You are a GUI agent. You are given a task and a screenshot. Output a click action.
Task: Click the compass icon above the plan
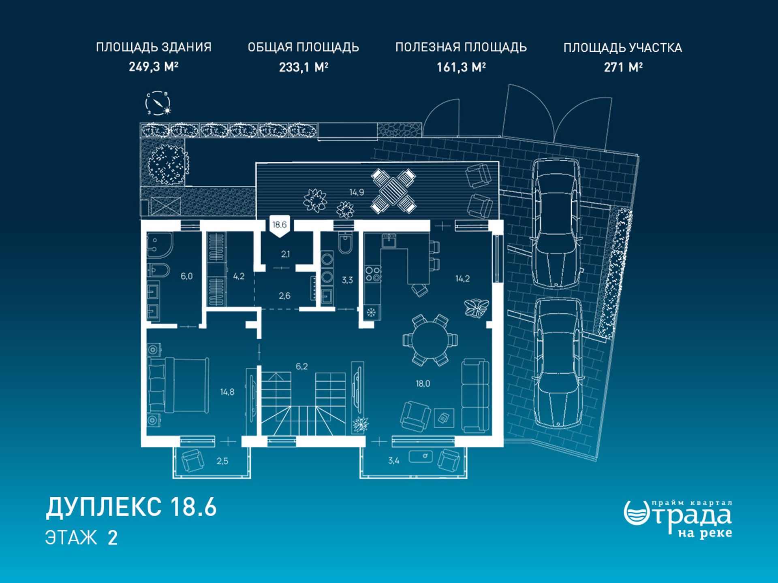tap(158, 103)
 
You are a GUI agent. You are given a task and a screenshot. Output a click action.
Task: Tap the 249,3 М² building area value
tap(154, 66)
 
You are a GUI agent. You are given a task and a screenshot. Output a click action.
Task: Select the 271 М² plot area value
tap(623, 67)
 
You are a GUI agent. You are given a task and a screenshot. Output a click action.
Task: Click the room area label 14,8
tap(227, 392)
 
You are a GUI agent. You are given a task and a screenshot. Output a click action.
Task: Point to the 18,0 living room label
tap(423, 384)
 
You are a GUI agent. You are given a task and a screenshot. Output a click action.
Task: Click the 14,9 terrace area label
tap(357, 192)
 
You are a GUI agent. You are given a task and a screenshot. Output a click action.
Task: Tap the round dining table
tap(430, 340)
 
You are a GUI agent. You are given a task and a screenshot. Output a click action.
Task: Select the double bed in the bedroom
tap(179, 385)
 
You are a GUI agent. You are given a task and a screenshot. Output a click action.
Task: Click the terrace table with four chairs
tap(393, 191)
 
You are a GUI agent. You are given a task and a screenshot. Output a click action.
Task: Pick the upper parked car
tap(556, 223)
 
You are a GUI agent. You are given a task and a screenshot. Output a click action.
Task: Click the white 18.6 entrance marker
tap(280, 226)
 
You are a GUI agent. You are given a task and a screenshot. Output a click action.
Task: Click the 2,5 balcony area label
tap(222, 461)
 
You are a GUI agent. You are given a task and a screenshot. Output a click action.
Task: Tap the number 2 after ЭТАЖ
tap(113, 538)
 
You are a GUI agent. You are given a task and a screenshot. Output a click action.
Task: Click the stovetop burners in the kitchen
tap(373, 274)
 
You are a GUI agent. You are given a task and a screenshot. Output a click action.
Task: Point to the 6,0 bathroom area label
tap(187, 277)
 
